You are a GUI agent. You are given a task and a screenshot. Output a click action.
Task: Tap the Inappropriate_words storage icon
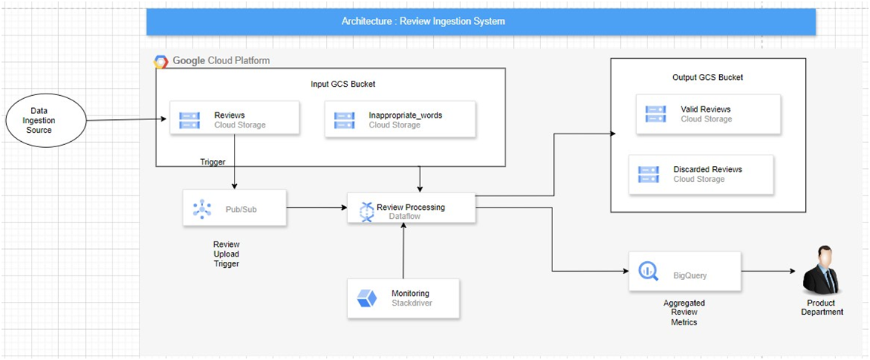click(x=344, y=120)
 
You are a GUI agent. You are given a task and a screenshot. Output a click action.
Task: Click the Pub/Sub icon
click(x=201, y=208)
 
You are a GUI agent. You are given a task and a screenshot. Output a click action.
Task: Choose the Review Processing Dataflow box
click(x=411, y=208)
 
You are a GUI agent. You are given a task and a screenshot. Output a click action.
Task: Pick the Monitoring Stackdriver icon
click(x=367, y=298)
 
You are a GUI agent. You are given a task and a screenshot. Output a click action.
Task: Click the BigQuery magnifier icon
click(x=649, y=272)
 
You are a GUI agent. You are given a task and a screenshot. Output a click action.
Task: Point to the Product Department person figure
click(x=820, y=270)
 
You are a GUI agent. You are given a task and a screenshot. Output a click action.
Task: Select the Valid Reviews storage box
click(x=706, y=114)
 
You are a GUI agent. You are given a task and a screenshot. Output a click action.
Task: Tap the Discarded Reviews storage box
click(x=701, y=174)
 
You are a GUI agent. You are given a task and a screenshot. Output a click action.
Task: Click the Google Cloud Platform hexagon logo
click(x=161, y=61)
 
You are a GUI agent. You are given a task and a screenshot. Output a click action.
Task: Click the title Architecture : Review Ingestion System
click(x=423, y=21)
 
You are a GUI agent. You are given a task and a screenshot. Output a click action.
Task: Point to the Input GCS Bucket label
click(x=343, y=85)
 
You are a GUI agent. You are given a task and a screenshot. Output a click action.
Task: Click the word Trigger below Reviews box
click(x=213, y=162)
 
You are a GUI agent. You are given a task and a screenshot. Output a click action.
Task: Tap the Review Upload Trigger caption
click(x=226, y=254)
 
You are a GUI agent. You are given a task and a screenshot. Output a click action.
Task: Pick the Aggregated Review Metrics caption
click(x=684, y=312)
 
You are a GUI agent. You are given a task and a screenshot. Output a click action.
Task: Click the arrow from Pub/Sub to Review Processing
click(x=317, y=207)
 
